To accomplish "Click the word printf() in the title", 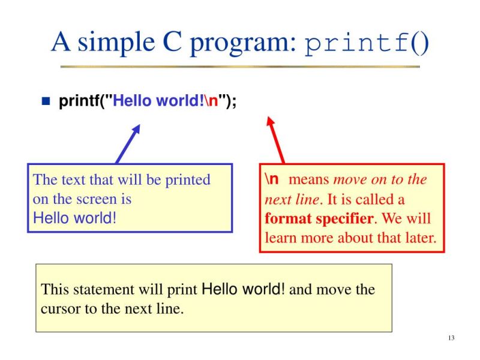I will [367, 43].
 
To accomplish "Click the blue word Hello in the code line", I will [133, 100].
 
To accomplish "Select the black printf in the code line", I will [79, 101].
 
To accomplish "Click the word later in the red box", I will [418, 237].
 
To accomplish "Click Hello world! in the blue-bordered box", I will [73, 218].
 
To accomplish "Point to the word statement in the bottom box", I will [98, 290].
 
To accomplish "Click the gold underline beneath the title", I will [240, 65].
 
